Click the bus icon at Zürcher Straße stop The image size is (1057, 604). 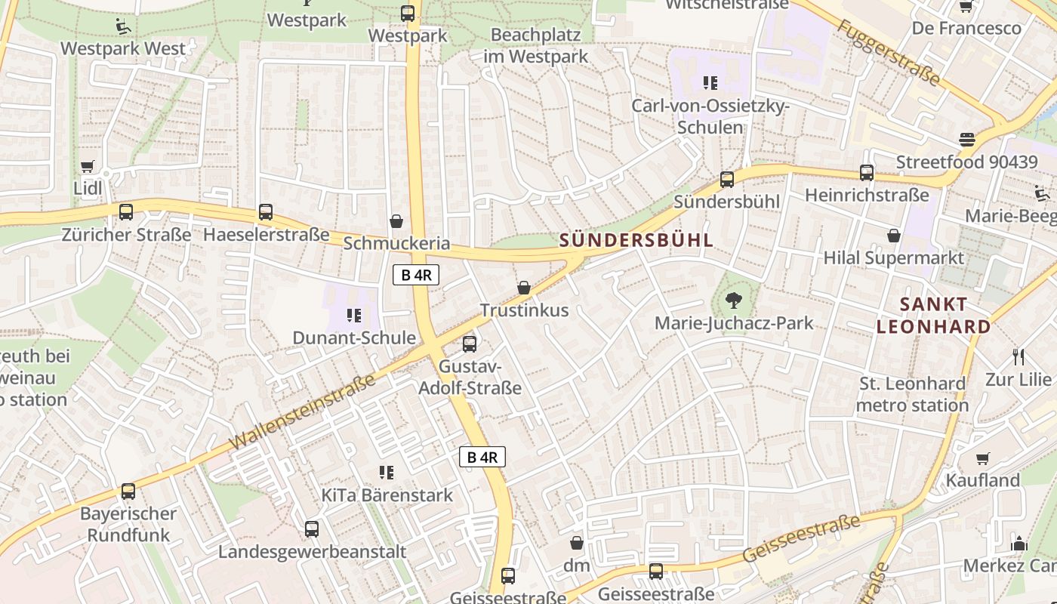click(x=126, y=212)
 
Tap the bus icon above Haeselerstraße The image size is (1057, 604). click(x=265, y=212)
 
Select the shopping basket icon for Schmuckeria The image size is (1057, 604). click(x=396, y=221)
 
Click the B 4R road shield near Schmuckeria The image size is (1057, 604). click(x=416, y=275)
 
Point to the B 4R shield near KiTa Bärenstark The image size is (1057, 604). click(x=482, y=457)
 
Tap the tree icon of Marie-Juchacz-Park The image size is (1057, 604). click(x=733, y=301)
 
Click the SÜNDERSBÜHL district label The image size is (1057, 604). click(x=636, y=241)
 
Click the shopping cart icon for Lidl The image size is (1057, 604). click(x=88, y=166)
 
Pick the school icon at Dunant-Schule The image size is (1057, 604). click(x=353, y=316)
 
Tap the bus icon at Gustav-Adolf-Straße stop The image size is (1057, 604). click(x=470, y=344)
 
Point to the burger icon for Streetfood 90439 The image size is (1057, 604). click(x=966, y=140)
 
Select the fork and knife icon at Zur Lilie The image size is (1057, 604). click(x=1018, y=357)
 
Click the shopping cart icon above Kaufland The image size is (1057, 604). click(x=982, y=458)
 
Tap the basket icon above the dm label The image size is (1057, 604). click(x=577, y=543)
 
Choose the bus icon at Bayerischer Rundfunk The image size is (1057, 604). click(x=128, y=492)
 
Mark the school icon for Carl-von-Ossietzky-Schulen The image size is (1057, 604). click(x=710, y=83)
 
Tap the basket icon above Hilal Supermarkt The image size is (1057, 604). click(x=894, y=236)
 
